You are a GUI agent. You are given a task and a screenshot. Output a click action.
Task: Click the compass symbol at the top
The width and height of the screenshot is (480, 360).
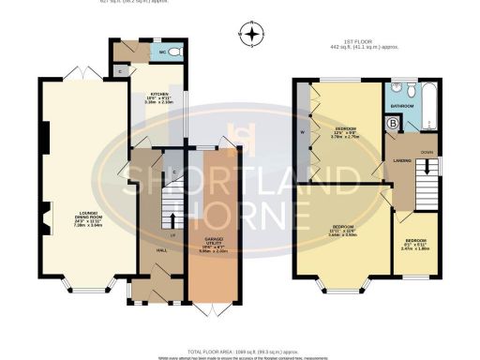click(x=251, y=35)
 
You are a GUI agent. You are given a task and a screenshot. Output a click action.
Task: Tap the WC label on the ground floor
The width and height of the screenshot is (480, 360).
click(x=163, y=52)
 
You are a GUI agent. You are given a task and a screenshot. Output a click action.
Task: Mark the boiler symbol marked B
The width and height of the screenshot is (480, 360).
click(x=393, y=122)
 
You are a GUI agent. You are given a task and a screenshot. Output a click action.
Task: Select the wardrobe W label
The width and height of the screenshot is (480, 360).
click(x=302, y=132)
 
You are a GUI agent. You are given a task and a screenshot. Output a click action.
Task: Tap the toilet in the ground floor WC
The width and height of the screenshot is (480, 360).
click(x=176, y=52)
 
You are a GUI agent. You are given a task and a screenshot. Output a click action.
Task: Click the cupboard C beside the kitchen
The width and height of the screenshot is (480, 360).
click(x=121, y=70)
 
